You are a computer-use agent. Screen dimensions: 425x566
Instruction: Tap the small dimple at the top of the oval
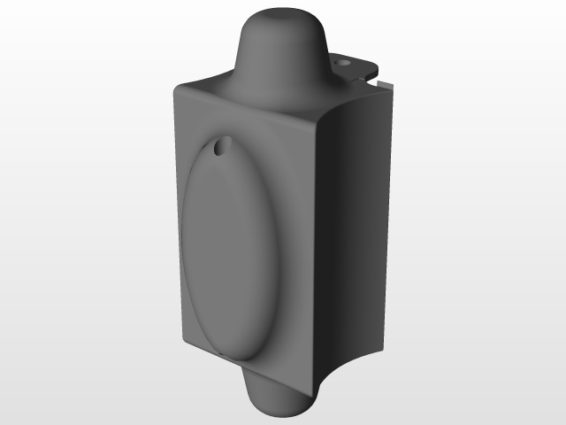[221, 145]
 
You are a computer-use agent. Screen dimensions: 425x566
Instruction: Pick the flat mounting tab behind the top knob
[354, 67]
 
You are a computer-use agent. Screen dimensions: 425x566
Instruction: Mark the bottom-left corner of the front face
[183, 341]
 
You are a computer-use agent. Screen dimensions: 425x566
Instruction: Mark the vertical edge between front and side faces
[316, 248]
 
